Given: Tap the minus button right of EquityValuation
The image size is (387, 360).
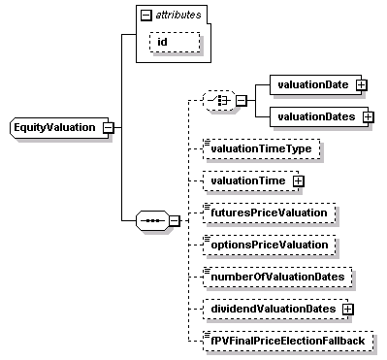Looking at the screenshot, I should pos(108,127).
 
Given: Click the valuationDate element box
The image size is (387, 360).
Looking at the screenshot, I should pos(311,84).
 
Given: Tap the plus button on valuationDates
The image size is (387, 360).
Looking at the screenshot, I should pos(368,116).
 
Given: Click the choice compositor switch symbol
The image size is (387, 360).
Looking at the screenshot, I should pos(219,100).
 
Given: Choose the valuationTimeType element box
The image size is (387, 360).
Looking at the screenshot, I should pos(259,148).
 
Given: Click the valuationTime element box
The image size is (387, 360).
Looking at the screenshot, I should pos(247,180).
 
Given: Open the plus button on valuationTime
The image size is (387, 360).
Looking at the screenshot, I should pos(298,180).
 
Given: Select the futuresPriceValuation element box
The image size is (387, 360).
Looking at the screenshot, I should pos(266,212).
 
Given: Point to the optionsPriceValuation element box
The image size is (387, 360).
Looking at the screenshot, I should pos(266,245).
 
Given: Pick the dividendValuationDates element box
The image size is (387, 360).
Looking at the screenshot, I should pos(270,309).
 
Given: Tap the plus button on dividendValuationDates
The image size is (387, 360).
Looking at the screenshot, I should pos(346,309).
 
